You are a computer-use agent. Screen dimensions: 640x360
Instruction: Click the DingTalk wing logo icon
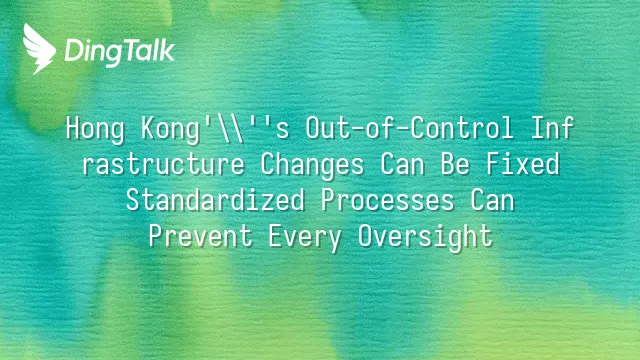coord(39,49)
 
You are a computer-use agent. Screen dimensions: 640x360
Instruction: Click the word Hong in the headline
coord(95,129)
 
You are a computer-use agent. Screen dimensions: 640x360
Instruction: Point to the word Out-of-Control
coord(409,128)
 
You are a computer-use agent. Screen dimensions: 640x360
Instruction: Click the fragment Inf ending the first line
coord(553,127)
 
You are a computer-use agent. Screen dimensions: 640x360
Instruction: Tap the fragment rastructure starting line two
coord(163,164)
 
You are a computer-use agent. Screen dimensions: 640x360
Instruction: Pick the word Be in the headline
coord(455,164)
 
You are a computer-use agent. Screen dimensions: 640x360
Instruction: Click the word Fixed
coord(523,164)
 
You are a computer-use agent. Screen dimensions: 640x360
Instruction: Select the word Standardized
coord(216,200)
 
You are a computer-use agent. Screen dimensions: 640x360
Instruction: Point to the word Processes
coord(387,200)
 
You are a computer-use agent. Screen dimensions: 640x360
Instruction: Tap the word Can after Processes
coord(492,200)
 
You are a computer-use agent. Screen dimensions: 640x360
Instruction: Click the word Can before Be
coord(402,164)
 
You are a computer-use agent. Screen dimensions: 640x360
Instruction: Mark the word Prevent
coord(201,236)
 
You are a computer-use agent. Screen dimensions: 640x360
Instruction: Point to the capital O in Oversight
coord(366,236)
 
